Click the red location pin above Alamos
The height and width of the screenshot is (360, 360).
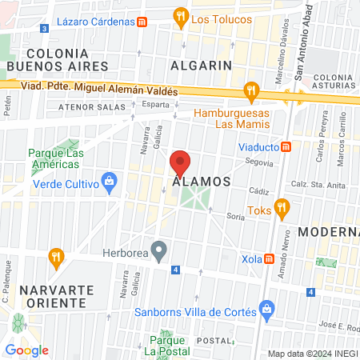pyautogui.click(x=180, y=163)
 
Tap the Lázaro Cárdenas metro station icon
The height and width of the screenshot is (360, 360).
pyautogui.click(x=142, y=22)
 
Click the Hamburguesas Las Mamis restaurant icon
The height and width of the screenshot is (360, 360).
pyautogui.click(x=253, y=92)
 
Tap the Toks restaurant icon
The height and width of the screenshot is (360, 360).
pyautogui.click(x=281, y=210)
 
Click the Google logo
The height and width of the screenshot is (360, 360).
pyautogui.click(x=26, y=350)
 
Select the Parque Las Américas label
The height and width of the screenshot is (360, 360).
pyautogui.click(x=54, y=158)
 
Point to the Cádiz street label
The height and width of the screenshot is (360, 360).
pyautogui.click(x=258, y=191)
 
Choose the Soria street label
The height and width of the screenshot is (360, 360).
pyautogui.click(x=235, y=216)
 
